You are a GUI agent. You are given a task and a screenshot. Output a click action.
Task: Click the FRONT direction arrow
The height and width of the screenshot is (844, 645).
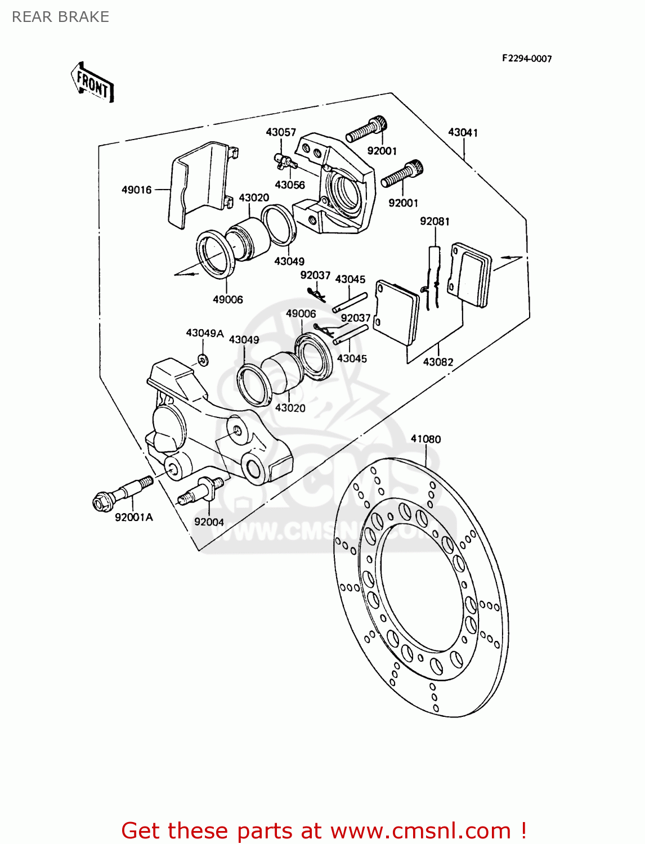click(92, 83)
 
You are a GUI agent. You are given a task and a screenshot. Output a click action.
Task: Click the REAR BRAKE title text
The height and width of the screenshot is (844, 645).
click(60, 17)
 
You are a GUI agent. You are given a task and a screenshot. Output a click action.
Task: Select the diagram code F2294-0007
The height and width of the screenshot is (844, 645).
click(527, 59)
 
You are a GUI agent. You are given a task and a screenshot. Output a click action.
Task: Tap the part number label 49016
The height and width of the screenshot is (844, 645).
click(137, 190)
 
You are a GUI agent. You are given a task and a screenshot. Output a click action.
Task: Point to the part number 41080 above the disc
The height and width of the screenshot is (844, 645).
click(425, 439)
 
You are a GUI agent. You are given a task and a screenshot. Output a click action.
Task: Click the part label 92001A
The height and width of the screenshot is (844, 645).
click(134, 517)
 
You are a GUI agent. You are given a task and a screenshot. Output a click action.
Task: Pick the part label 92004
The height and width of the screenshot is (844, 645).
click(209, 522)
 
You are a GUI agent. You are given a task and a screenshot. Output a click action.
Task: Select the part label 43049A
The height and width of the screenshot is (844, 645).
click(205, 333)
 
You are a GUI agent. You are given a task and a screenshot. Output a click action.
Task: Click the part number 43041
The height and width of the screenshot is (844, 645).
click(463, 132)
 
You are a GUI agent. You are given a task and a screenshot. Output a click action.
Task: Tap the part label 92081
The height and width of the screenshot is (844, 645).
click(435, 221)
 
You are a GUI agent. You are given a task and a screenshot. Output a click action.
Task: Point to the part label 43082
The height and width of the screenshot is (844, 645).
click(438, 362)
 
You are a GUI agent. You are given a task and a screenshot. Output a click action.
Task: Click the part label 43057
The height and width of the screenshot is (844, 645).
click(281, 132)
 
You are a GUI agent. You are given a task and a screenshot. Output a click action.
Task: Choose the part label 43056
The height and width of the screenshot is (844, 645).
click(290, 185)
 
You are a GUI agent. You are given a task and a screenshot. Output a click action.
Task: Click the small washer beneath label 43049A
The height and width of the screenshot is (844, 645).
click(203, 360)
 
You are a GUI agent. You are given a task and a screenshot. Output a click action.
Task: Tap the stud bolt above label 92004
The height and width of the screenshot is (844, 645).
click(201, 489)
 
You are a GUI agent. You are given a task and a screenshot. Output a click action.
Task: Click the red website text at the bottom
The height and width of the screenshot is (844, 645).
click(324, 830)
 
